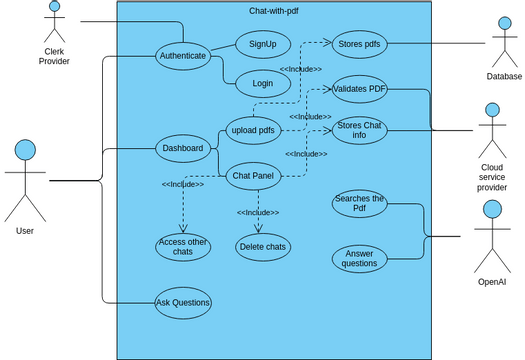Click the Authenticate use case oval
183,56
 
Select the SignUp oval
263,44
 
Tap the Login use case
263,84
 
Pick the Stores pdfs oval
359,44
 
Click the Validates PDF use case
359,89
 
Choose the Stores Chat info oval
359,131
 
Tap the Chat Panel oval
253,176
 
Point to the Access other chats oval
183,246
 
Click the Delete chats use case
263,246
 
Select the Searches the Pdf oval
359,203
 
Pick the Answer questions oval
359,259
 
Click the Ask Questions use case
183,302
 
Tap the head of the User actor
26,151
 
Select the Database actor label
505,76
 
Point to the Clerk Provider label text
54,55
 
